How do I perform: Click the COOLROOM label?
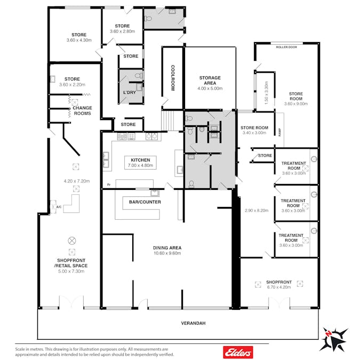click(173, 78)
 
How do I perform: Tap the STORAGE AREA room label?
click(210, 81)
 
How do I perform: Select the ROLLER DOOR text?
click(286, 47)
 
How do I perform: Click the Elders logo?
click(238, 352)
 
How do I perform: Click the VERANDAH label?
click(193, 323)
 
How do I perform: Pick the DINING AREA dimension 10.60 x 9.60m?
click(167, 253)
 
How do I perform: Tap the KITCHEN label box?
click(140, 163)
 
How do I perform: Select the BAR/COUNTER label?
click(145, 202)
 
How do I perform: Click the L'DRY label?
click(130, 92)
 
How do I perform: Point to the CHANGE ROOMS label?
click(82, 110)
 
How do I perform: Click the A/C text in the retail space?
click(59, 207)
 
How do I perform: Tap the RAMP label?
click(279, 132)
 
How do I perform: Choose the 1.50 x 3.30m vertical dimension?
click(266, 93)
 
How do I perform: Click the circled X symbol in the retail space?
click(72, 241)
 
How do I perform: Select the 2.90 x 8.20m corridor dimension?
click(257, 210)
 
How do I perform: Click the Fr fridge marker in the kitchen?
click(109, 185)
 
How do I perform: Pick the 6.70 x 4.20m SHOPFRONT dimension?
click(279, 287)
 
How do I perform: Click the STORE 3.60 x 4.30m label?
click(79, 37)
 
